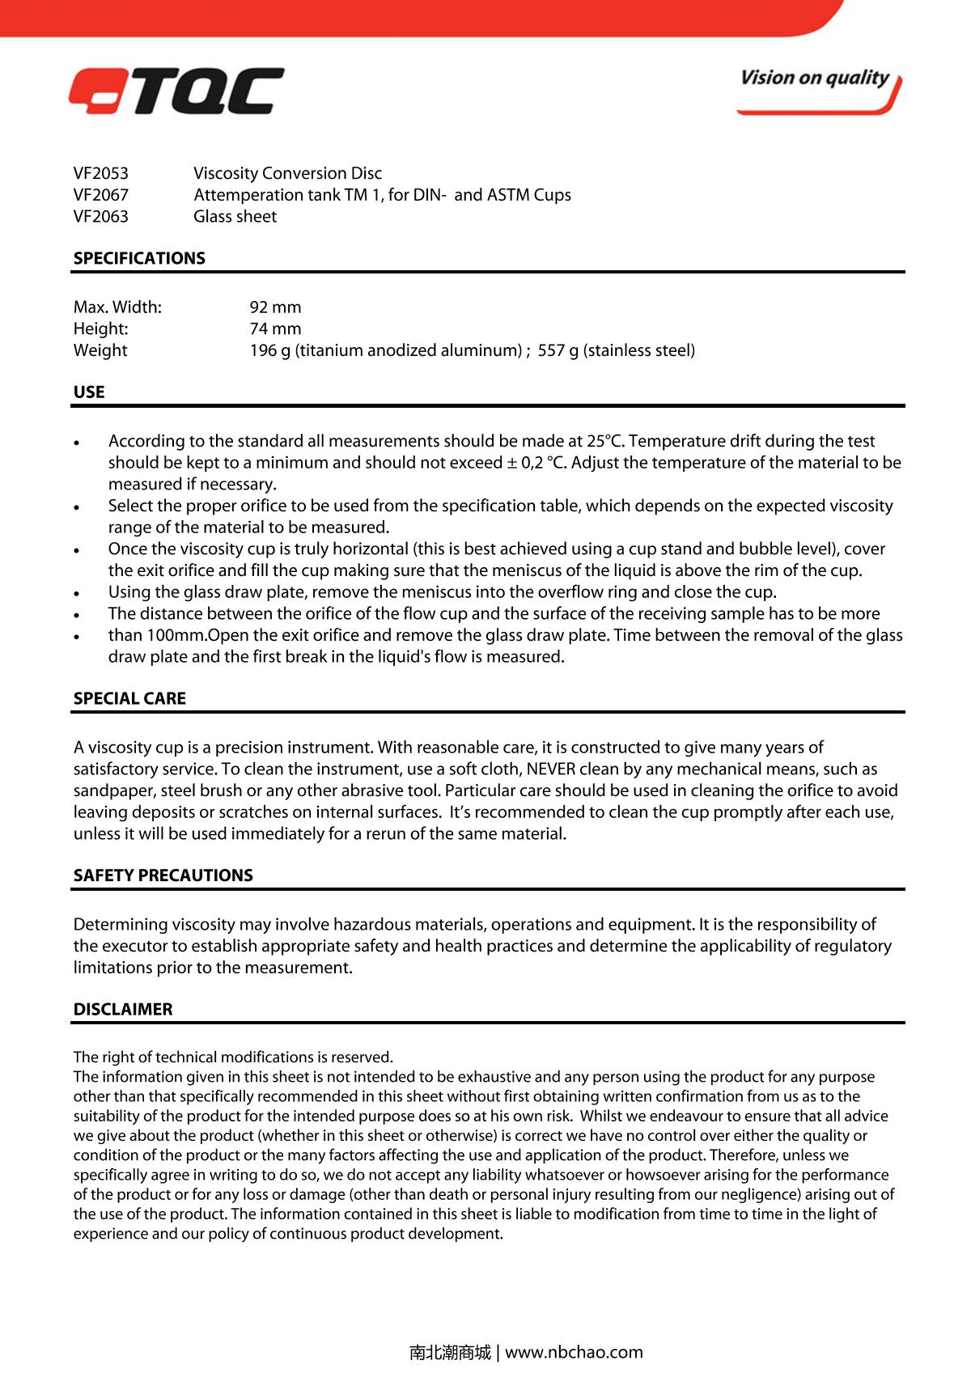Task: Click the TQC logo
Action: pos(176,91)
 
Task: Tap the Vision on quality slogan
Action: pos(815,78)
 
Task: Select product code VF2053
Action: pos(101,173)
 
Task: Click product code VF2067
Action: pos(101,195)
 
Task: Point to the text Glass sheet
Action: pos(235,217)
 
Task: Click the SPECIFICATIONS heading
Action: pos(139,259)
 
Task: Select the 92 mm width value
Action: pos(275,307)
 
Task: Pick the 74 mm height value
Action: pos(275,329)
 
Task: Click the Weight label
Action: pos(100,350)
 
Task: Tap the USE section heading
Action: pos(89,392)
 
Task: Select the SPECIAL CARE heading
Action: pos(129,699)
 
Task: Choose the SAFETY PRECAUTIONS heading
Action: pos(163,875)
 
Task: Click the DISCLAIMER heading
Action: pos(123,1010)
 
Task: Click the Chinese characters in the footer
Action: pos(450,1352)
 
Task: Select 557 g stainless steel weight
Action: pos(616,350)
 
